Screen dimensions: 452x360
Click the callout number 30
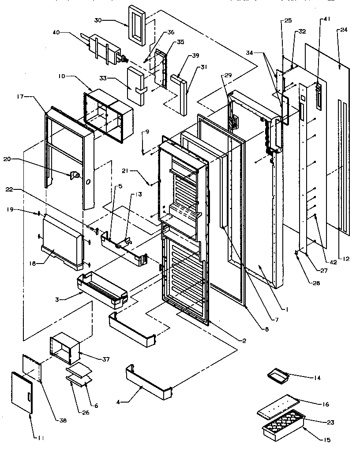(97, 20)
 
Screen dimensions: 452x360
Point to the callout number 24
(344, 30)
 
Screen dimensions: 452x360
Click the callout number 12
(346, 259)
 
